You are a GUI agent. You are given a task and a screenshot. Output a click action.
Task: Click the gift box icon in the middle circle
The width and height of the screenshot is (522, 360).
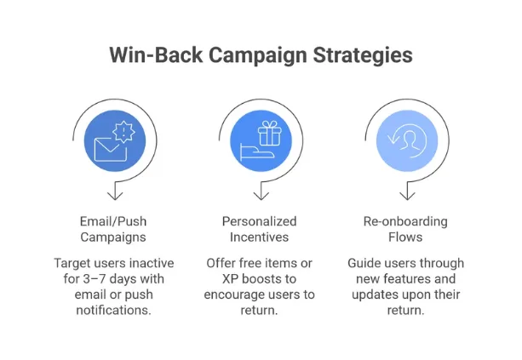(x=270, y=134)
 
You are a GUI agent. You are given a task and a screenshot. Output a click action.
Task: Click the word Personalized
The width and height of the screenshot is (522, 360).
(x=259, y=221)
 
